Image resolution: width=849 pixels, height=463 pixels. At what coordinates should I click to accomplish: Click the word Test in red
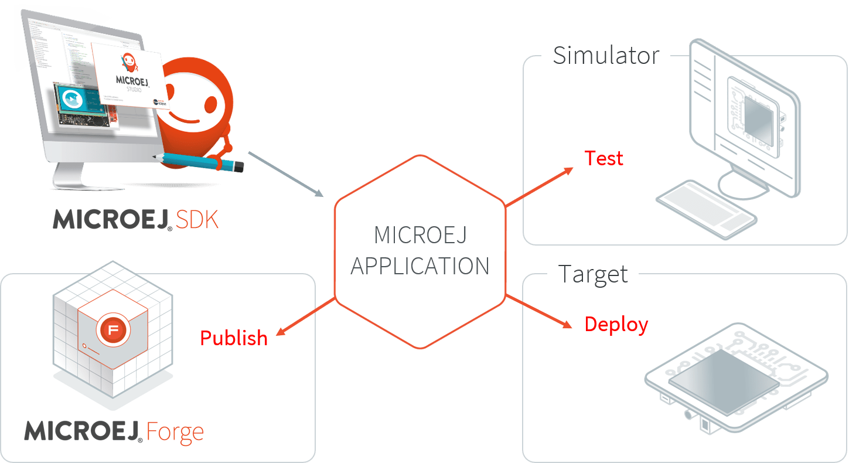(603, 158)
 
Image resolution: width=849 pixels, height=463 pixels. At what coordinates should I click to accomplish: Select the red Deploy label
(616, 325)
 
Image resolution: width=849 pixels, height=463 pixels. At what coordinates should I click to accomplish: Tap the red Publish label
(233, 338)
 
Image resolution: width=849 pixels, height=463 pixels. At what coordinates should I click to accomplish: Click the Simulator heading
(606, 56)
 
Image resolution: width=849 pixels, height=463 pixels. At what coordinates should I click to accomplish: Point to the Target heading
(592, 274)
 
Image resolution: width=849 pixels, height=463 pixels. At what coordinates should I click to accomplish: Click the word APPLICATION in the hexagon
(420, 267)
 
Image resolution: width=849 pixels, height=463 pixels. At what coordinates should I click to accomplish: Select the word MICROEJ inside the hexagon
(420, 236)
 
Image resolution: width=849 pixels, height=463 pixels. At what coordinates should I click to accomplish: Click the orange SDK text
(197, 219)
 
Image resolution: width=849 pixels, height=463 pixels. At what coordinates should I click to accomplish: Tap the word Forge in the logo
(175, 432)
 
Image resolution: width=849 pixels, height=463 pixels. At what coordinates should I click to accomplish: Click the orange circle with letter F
(114, 330)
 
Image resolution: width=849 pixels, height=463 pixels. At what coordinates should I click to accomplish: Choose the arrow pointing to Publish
(305, 317)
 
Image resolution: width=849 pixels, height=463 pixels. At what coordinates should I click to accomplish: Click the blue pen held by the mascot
(200, 161)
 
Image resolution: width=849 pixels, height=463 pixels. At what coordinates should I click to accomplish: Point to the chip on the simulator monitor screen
(756, 118)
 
